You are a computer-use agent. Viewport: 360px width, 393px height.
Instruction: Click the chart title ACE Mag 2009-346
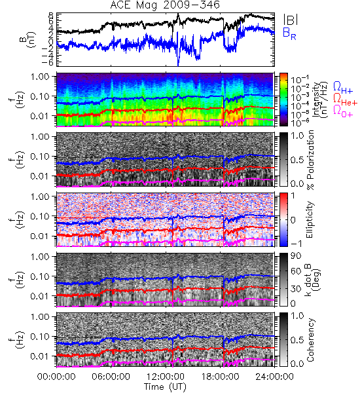(165, 5)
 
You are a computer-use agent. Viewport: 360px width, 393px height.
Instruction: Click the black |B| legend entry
(291, 20)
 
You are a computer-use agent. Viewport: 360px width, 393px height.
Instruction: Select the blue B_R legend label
(289, 33)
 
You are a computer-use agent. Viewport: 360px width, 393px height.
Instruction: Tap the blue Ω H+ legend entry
(343, 87)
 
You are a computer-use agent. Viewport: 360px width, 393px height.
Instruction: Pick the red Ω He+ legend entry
(345, 100)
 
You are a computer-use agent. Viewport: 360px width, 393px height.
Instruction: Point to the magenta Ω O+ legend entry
(343, 111)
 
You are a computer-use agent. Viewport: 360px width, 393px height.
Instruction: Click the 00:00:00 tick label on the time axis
(56, 377)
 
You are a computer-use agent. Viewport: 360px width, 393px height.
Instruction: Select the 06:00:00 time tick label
(111, 377)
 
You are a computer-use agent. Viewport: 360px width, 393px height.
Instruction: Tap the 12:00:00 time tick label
(166, 377)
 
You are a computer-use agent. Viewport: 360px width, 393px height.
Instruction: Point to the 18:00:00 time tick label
(220, 377)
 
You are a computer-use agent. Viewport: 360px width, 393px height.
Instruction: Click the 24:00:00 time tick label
(274, 377)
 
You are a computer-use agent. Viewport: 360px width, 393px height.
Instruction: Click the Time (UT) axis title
(166, 387)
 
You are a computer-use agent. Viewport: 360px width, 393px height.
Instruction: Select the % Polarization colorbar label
(311, 160)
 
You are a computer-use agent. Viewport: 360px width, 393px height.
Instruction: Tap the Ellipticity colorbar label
(310, 219)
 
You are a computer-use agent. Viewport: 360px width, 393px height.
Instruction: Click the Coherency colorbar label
(310, 340)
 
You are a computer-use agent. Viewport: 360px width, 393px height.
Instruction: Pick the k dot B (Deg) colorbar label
(312, 280)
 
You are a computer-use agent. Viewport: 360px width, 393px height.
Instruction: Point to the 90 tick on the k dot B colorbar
(296, 256)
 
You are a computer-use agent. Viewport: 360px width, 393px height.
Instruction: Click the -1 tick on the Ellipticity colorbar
(297, 244)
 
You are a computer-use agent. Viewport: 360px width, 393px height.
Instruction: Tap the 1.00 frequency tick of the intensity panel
(41, 77)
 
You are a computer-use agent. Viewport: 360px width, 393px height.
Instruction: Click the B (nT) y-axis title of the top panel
(29, 39)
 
